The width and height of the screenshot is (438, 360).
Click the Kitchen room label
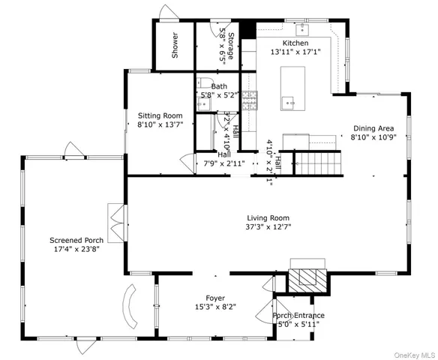(x=295, y=43)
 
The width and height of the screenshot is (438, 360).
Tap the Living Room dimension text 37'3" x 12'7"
(x=268, y=226)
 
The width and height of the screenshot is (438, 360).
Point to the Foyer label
(x=215, y=298)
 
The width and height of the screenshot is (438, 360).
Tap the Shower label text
(x=175, y=46)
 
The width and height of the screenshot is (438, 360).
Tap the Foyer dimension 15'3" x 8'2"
(x=215, y=307)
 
